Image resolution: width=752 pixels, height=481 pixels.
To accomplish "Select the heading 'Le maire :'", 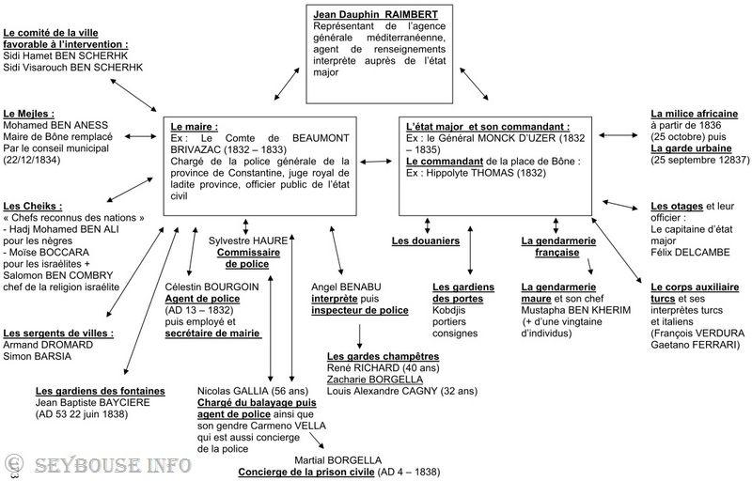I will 194,126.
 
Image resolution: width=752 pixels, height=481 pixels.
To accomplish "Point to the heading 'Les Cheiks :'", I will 33,206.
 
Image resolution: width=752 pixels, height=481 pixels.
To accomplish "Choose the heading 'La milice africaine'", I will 694,113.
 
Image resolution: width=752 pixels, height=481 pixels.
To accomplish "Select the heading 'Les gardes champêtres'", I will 383,357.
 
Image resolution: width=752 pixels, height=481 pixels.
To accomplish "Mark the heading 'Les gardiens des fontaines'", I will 101,391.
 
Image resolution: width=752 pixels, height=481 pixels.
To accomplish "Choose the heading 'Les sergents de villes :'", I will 58,334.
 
